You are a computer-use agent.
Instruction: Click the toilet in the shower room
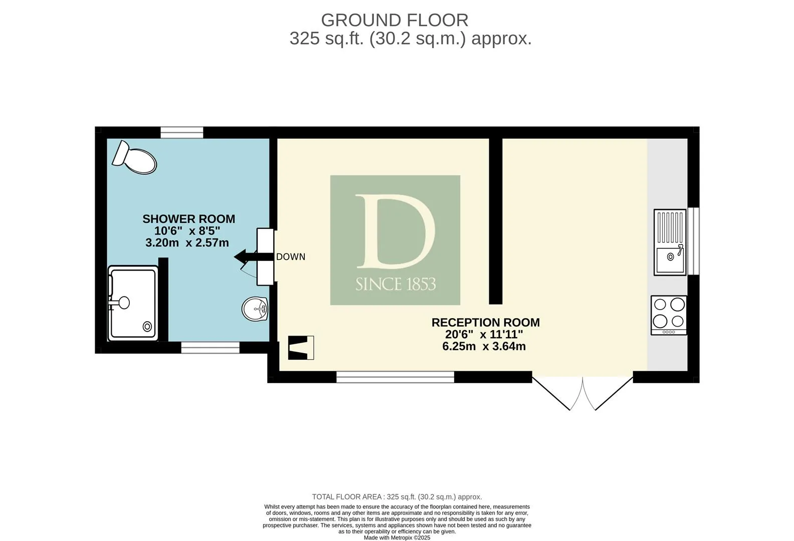pos(134,158)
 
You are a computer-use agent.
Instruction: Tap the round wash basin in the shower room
pos(255,309)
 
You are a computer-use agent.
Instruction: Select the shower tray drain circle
pos(147,326)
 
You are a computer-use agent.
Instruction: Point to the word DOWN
pos(291,257)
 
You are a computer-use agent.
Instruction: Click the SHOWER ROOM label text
pos(188,219)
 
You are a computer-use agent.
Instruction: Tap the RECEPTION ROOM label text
pos(486,323)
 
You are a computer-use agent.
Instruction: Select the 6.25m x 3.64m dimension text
pos(484,346)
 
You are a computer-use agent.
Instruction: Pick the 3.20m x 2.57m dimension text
pos(187,242)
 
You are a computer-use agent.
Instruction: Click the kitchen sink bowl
pos(669,259)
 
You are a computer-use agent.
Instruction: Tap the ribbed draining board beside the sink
pos(670,227)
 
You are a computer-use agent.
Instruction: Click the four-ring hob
pos(669,315)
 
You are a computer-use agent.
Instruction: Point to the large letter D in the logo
pos(395,231)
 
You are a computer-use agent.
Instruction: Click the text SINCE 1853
pos(395,284)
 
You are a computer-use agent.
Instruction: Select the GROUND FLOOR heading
pos(394,20)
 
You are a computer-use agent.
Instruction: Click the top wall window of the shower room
pos(182,133)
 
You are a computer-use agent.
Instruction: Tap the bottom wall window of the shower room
pos(211,348)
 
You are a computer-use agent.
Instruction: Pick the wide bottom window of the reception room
pos(395,377)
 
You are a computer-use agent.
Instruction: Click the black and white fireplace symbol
pos(301,348)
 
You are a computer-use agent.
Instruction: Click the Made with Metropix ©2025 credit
pos(397,537)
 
